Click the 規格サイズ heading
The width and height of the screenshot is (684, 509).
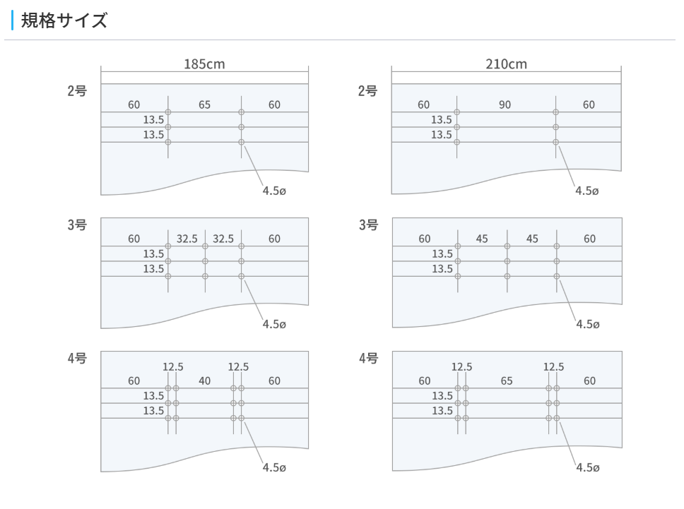coord(64,20)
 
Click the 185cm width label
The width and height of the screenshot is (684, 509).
coord(204,64)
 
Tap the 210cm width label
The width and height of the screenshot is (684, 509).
coord(506,64)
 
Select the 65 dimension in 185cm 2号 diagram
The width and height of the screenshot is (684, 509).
coord(204,104)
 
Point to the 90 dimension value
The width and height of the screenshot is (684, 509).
coord(505,104)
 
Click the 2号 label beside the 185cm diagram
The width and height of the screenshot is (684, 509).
coord(77,91)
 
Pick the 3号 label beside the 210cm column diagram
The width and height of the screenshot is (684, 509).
coord(368,225)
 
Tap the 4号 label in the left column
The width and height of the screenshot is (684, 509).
coord(77,359)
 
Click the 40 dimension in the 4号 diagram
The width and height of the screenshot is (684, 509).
coord(204,381)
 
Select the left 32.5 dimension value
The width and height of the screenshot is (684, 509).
coord(187,239)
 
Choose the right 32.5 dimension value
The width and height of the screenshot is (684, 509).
coord(223,239)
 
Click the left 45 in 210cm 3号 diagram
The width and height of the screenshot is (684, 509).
coord(482,239)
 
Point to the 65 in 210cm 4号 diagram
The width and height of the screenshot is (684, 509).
coord(506,381)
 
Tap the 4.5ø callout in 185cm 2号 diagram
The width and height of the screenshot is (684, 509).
coord(273,191)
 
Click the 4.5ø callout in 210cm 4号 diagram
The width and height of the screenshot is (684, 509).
coord(587,467)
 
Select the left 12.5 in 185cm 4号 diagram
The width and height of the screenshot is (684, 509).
coord(173,366)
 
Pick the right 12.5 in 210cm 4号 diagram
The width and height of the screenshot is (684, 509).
coord(553,366)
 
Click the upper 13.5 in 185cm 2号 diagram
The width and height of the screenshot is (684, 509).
coord(153,119)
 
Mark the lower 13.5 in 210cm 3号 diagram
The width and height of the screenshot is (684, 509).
coord(442,268)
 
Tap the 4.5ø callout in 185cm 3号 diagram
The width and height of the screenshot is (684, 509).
coord(273,325)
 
